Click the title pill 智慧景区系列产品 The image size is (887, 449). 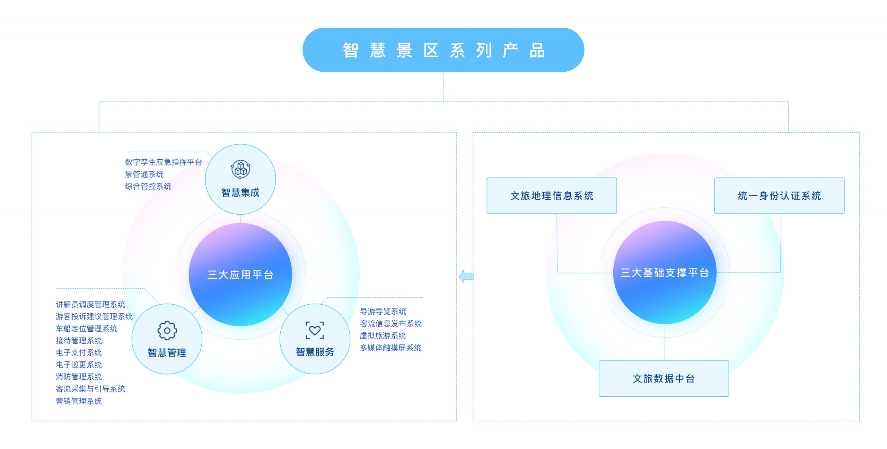point(443,50)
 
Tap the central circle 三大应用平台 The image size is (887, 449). point(240,274)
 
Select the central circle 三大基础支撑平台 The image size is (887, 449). point(665,272)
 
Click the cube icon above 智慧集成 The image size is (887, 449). point(240,169)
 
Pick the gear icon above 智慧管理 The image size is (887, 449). point(167,331)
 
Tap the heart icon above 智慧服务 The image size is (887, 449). point(315,330)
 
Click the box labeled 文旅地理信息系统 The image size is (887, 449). point(552,196)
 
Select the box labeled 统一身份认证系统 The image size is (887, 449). point(779,196)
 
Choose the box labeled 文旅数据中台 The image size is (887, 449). point(664,378)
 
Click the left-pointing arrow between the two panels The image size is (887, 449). point(466,276)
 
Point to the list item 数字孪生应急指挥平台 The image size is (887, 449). point(163,162)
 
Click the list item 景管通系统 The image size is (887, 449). point(144,174)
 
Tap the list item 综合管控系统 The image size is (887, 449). point(148,186)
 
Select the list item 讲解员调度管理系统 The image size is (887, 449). point(90,304)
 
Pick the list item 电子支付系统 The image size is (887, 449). point(79,352)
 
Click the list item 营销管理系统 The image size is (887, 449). point(79,401)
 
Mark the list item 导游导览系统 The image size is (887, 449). point(383,311)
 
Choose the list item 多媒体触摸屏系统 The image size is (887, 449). point(390,348)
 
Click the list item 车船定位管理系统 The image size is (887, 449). point(86,329)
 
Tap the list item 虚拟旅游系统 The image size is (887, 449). point(383,335)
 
